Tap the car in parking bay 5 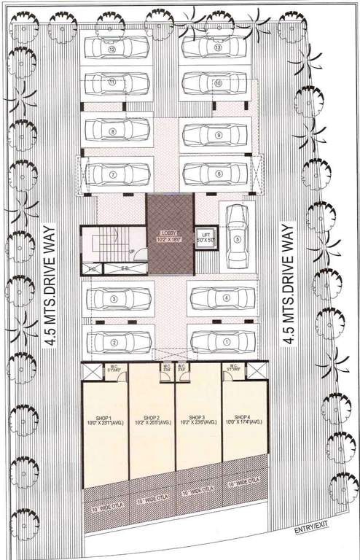(x=236, y=236)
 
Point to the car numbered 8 (x=117, y=133)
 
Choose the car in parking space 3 (x=118, y=299)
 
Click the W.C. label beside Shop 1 (x=114, y=369)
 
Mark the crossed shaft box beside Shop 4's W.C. (x=254, y=371)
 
